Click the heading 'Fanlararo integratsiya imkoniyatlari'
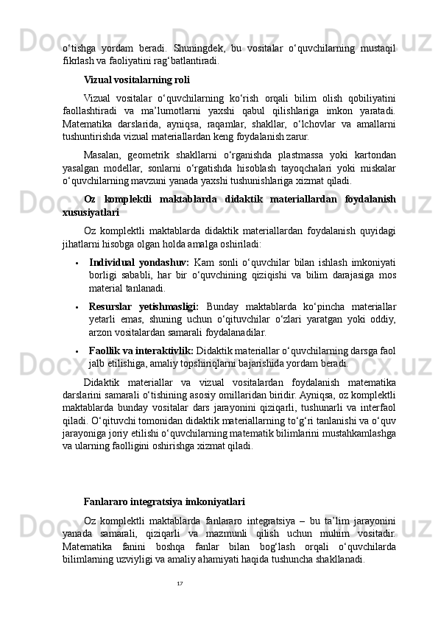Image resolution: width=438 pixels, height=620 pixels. click(164, 502)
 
